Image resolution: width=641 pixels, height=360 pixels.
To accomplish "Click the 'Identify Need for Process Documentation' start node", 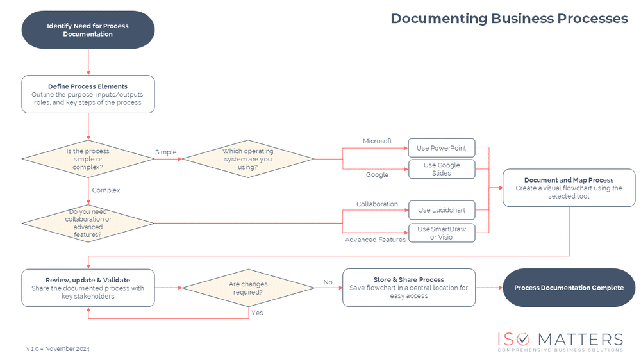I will pos(88,30).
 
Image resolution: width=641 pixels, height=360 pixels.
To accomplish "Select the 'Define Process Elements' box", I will pos(88,94).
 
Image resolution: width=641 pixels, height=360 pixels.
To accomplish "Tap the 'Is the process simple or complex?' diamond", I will pos(88,159).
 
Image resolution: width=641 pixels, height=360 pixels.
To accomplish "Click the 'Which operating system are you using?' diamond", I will pos(248,159).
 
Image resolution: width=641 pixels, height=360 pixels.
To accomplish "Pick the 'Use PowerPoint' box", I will pos(442,148).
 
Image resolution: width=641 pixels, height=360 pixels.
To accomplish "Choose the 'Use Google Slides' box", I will pos(442,169).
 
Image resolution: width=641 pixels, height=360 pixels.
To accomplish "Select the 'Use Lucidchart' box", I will pos(442,210).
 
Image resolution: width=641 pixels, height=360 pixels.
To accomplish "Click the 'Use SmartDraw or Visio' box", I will pos(442,233).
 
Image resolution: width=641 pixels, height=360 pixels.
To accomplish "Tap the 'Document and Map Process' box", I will pos(569,188).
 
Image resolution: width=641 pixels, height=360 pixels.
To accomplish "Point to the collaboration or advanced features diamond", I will pos(88,223).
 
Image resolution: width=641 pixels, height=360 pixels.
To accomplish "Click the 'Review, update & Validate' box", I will pos(88,288).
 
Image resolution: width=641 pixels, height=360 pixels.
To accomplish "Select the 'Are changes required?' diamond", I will pos(248,288).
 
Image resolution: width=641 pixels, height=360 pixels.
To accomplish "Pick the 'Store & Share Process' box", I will pos(409,288).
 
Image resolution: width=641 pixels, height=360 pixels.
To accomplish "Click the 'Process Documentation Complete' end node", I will pos(569,288).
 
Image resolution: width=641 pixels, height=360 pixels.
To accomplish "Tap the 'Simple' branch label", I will pos(165,152).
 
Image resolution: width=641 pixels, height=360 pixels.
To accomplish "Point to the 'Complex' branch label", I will pos(106,190).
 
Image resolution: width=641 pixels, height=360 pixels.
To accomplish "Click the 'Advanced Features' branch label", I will pos(375,240).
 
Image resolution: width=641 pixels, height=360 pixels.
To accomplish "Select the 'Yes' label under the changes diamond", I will pos(257,313).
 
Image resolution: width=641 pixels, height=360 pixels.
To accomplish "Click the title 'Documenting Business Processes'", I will pos(509,19).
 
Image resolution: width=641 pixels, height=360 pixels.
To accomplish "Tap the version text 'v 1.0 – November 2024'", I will pos(58,349).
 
